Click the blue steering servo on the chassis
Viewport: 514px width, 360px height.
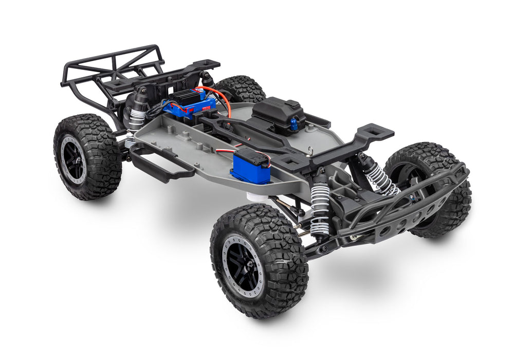coord(250,168)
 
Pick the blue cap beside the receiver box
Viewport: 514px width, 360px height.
coord(294,123)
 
